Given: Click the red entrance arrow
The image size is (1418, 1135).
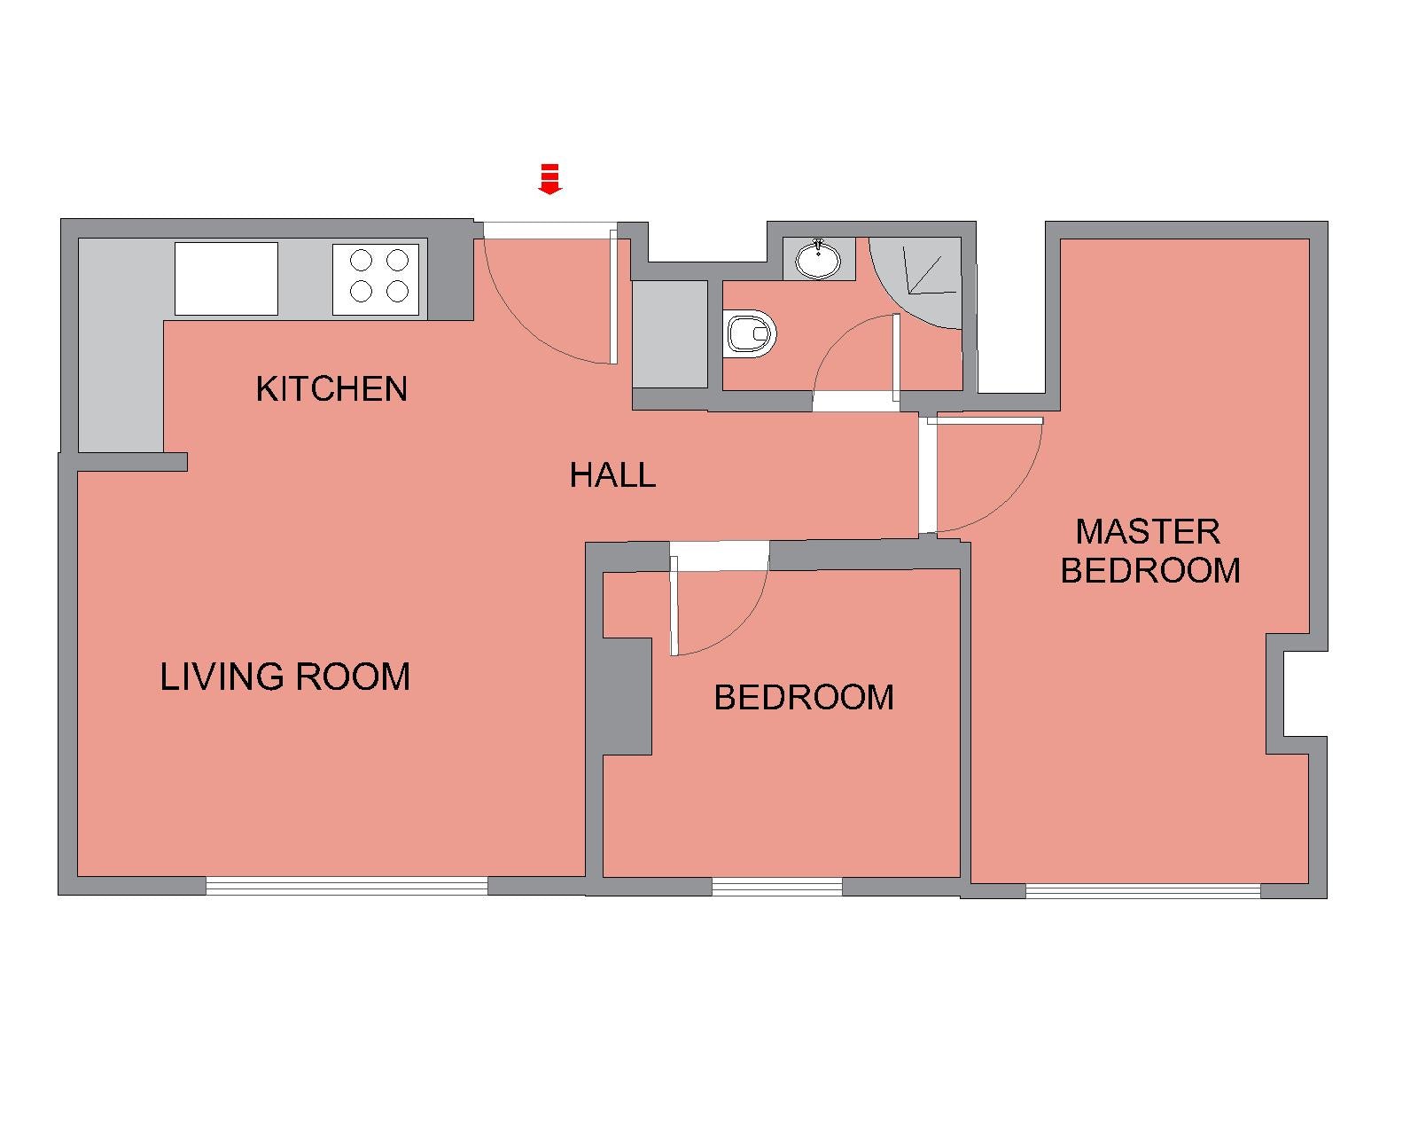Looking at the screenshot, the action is (x=550, y=179).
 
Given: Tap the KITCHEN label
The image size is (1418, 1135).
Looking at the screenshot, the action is (x=331, y=388).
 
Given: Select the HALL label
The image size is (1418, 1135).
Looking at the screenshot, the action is (x=612, y=475).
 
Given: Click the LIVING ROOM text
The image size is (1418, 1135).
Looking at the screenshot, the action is (x=285, y=677).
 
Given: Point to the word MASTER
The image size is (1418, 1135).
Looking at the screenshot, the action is (x=1148, y=532).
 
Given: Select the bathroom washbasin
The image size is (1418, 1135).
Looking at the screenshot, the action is (x=818, y=259).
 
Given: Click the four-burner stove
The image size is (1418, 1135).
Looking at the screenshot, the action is (x=377, y=279).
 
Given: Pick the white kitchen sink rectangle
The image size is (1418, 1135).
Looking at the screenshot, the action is (x=226, y=278).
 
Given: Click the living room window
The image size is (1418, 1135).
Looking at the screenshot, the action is (x=347, y=886).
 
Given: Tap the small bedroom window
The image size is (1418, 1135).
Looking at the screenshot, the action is (x=777, y=887).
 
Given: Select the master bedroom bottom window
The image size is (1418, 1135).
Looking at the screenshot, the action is (x=1143, y=891).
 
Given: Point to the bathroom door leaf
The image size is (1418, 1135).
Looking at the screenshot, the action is (x=895, y=357).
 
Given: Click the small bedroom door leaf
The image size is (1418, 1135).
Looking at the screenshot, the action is (x=674, y=606).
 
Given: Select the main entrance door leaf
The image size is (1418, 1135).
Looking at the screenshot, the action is (x=612, y=296).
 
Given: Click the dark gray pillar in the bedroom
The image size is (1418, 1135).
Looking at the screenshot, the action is (x=627, y=696).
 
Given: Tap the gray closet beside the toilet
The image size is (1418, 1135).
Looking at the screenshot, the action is (x=669, y=333).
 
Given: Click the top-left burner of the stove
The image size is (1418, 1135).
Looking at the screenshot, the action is (x=361, y=261).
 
